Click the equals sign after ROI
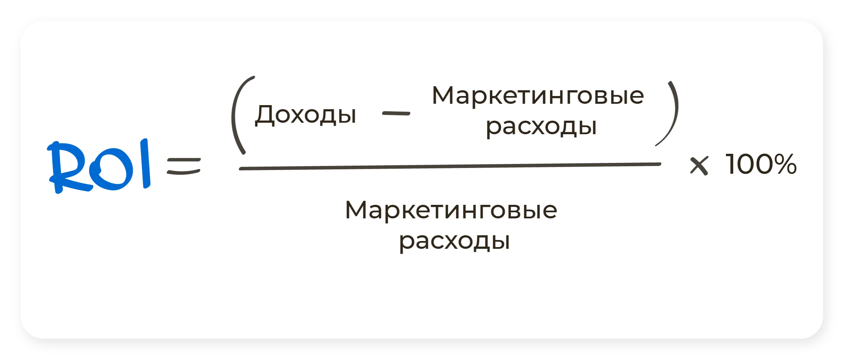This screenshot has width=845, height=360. point(184,166)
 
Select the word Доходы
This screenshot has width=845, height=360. point(306,115)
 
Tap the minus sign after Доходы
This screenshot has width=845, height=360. point(396,114)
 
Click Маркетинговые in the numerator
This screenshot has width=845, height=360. point(538,96)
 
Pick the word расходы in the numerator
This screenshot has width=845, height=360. point(541,127)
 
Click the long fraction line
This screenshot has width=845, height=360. point(450,166)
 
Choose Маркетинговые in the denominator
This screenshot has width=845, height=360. point(451,210)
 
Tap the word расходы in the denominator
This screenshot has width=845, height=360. point(454,241)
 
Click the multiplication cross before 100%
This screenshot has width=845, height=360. point(699,166)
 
